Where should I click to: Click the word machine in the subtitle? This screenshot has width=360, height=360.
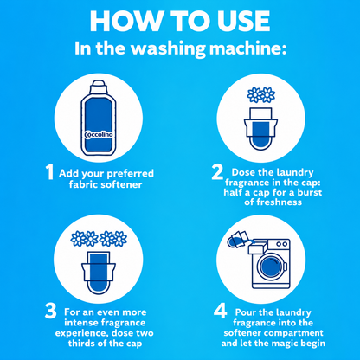(247, 48)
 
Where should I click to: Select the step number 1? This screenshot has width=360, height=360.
(50, 172)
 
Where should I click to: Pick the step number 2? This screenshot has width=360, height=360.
(217, 171)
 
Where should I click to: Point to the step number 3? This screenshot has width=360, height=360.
(51, 312)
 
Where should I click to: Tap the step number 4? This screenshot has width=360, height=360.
(220, 312)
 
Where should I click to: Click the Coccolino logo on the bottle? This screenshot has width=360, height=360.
(99, 135)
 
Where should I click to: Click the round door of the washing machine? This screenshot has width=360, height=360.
(270, 267)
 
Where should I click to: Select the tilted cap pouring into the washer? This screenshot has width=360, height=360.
(237, 240)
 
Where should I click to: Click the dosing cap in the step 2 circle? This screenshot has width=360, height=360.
(260, 128)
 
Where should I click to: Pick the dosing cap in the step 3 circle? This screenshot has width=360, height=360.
(99, 272)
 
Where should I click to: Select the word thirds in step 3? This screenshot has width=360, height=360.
(81, 344)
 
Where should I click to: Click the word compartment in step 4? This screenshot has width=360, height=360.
(294, 333)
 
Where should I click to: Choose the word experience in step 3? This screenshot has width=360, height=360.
(82, 333)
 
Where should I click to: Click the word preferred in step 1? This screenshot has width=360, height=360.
(130, 174)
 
